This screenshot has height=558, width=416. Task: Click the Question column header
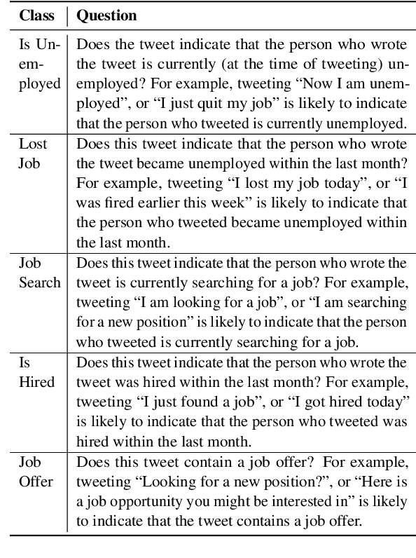106,15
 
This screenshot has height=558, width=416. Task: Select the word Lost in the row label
34,144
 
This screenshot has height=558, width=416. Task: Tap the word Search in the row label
39,283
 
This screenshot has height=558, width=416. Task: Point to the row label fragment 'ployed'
40,84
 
